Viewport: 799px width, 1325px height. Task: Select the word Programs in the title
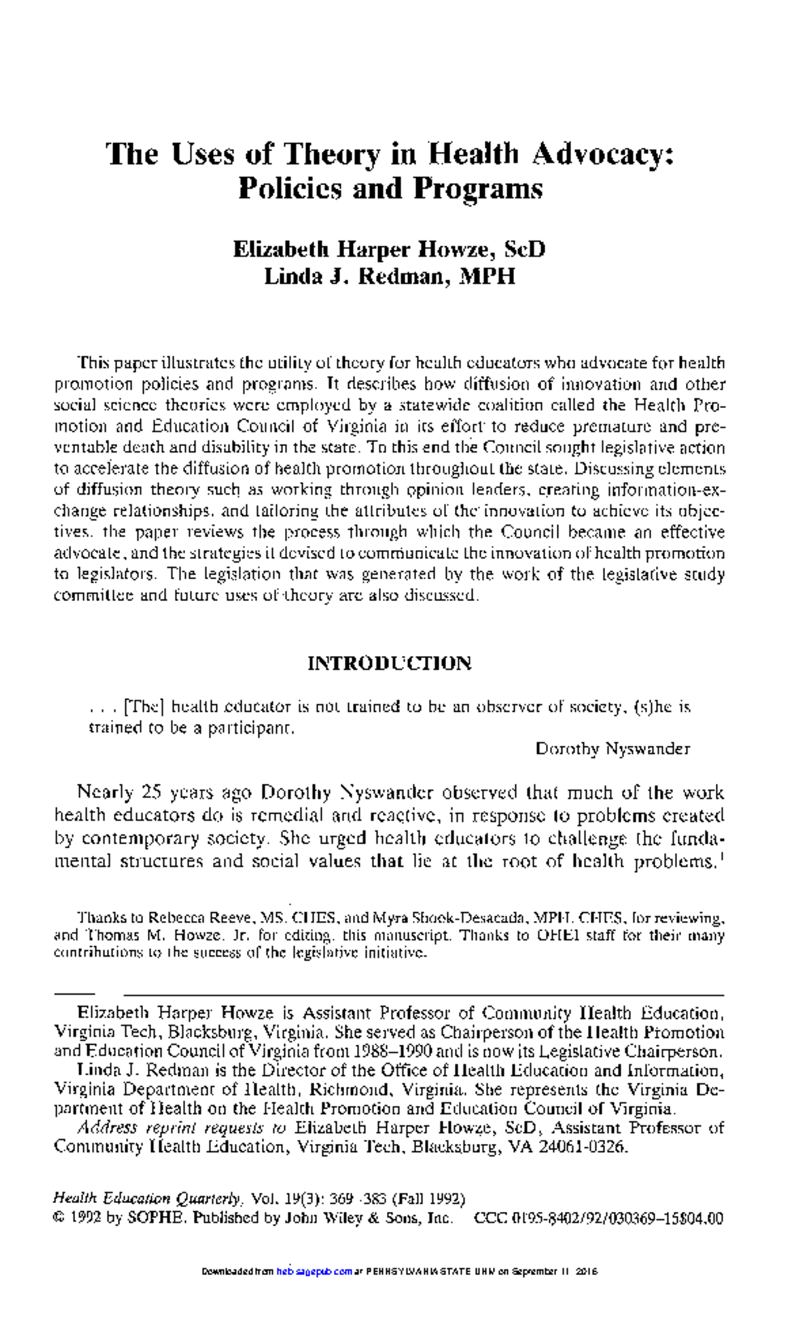pyautogui.click(x=477, y=189)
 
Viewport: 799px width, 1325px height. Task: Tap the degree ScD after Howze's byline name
pyautogui.click(x=525, y=250)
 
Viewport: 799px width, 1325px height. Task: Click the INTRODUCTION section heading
pyautogui.click(x=390, y=663)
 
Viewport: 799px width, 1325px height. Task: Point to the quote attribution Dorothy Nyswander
pyautogui.click(x=613, y=749)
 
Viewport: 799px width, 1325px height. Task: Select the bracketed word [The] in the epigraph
pyautogui.click(x=144, y=706)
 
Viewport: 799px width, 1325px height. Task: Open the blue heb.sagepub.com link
pyautogui.click(x=314, y=1271)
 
